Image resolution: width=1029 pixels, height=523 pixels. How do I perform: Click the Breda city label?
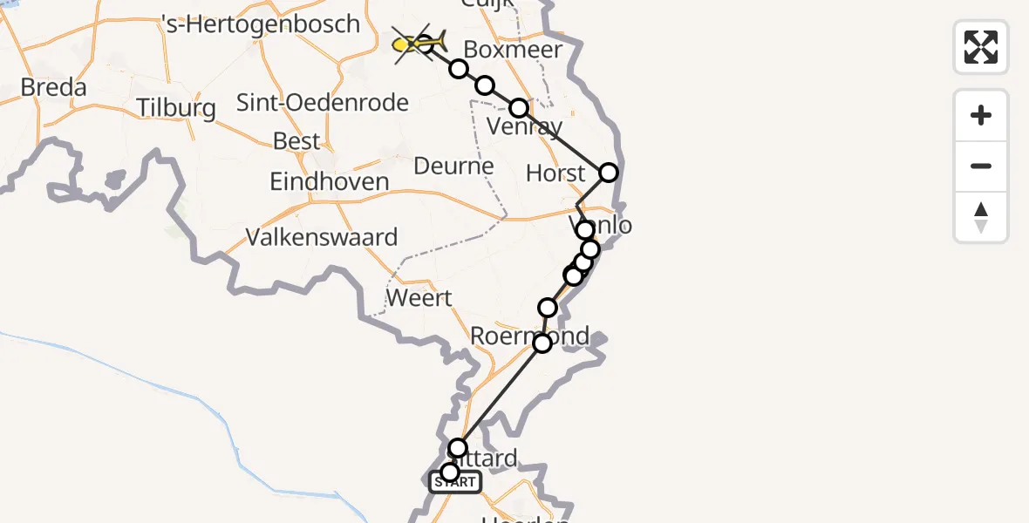(x=54, y=88)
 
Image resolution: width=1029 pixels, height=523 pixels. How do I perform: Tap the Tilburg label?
(x=176, y=109)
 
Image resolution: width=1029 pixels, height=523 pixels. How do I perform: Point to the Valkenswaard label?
(x=322, y=237)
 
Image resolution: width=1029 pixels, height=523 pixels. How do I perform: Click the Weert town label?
(x=419, y=298)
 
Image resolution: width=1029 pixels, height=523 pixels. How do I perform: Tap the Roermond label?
(x=529, y=336)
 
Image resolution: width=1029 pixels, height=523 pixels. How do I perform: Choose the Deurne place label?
(x=453, y=166)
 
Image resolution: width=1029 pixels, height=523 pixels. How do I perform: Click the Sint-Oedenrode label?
(x=323, y=103)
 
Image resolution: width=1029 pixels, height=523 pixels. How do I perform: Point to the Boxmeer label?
(x=513, y=50)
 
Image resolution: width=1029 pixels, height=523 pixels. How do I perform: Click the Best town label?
(x=296, y=141)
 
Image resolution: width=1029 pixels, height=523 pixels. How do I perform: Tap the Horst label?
(x=555, y=173)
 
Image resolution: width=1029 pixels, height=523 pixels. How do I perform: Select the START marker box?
(x=454, y=482)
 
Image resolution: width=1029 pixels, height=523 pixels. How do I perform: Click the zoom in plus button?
(x=981, y=116)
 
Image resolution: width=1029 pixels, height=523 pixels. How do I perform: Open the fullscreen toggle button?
(x=981, y=47)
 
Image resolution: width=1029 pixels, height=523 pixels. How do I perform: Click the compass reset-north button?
(x=981, y=217)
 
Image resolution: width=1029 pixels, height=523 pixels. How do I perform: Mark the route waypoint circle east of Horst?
(x=609, y=173)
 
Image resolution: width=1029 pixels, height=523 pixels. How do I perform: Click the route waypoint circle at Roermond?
(x=542, y=343)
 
